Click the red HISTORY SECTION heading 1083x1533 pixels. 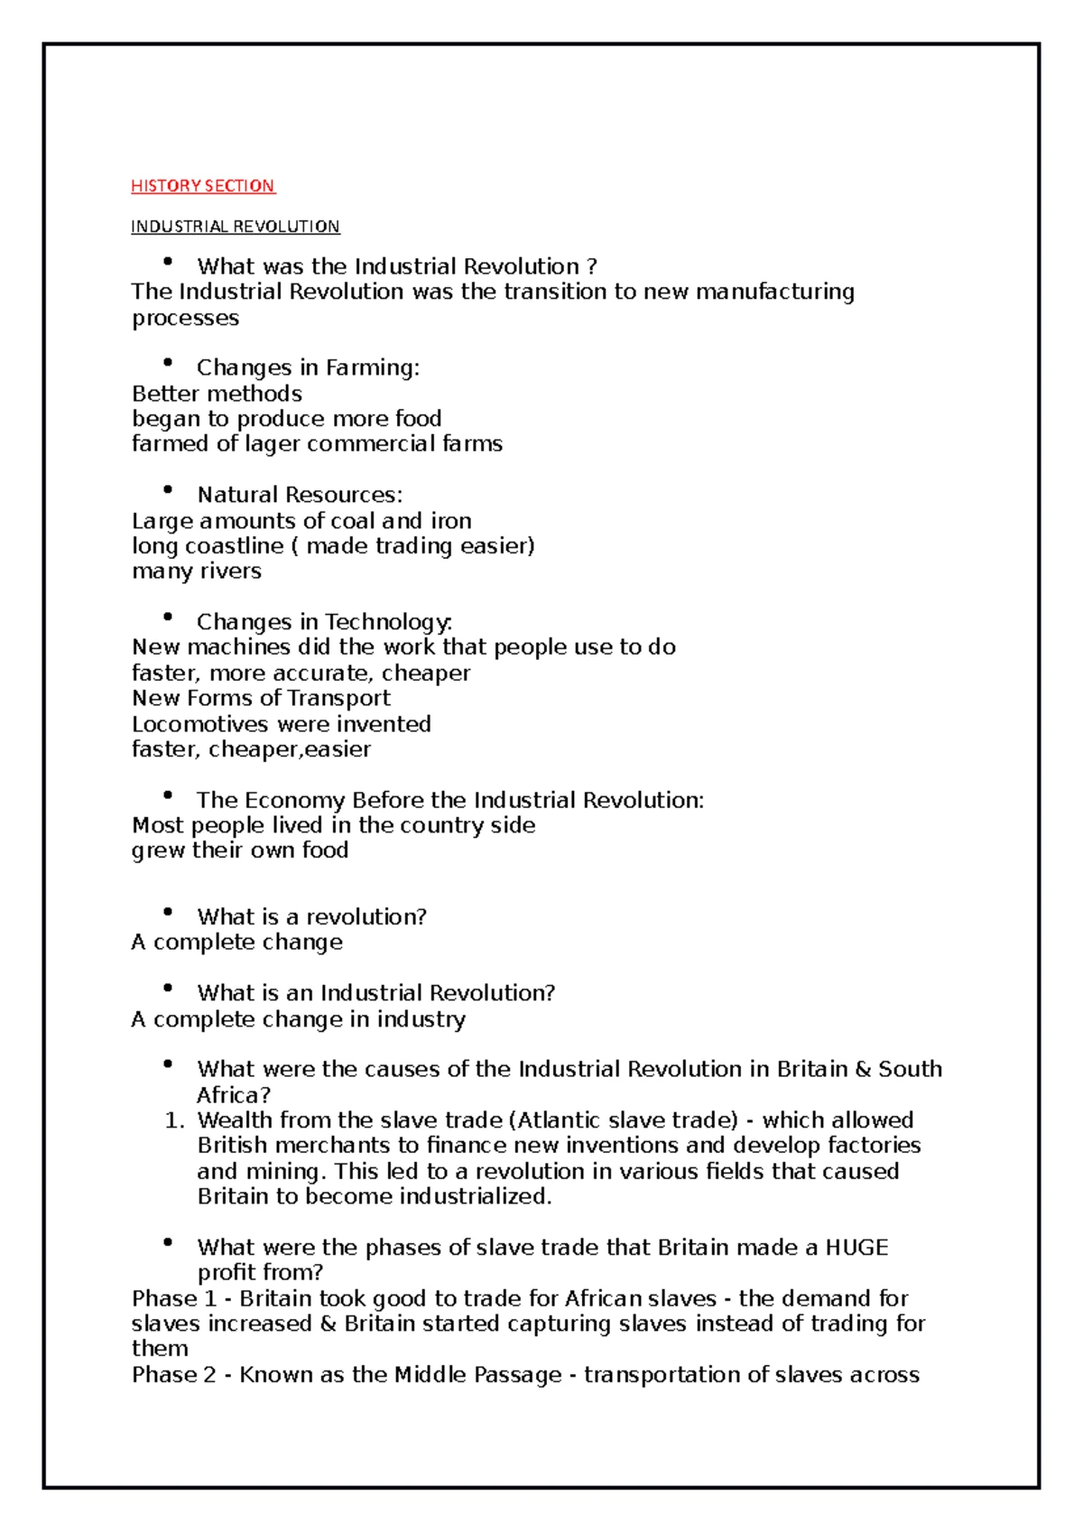202,186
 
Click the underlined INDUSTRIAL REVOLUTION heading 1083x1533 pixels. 235,227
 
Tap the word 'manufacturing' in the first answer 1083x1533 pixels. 774,293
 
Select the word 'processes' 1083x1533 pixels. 185,319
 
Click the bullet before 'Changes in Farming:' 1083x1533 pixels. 167,363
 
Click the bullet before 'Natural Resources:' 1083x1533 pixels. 167,490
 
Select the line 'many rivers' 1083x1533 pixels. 196,571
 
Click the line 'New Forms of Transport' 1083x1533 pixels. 261,699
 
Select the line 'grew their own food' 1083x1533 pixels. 239,850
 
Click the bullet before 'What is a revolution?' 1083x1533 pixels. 167,912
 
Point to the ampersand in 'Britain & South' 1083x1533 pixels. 862,1070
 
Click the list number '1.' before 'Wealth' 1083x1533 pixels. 175,1120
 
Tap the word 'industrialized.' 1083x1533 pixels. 475,1197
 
